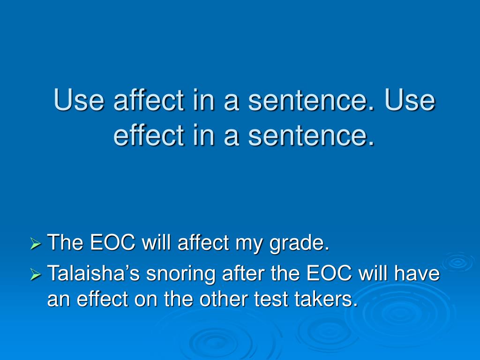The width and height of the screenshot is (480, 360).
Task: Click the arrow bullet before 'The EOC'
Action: click(x=36, y=244)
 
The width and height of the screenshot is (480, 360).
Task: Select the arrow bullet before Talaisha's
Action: click(x=36, y=274)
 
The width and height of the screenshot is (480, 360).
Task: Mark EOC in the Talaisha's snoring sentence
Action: click(x=329, y=273)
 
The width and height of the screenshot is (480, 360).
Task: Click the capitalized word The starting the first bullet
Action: click(x=65, y=243)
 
